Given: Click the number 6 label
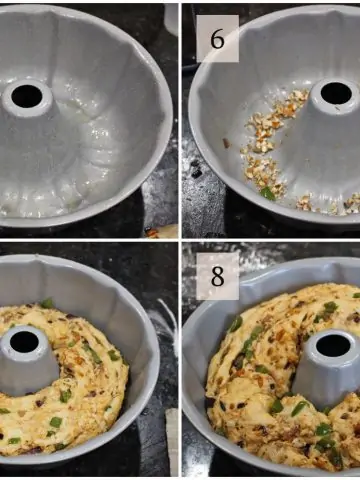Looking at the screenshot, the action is pos(217,39).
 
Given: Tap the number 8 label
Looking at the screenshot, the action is pos(217,276).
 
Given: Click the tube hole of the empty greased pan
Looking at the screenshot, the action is pos(27,96).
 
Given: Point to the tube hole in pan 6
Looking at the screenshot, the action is pos(336,93).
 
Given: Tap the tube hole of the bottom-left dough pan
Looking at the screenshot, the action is pos(24,342).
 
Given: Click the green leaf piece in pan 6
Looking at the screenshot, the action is pos(268,194).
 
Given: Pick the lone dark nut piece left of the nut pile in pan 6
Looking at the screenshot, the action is pos(227,143).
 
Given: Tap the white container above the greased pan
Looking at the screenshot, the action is pos(171,18).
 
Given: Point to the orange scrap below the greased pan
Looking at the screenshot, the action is pos(153,232).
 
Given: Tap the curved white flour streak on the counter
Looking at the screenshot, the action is pos(168,323).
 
